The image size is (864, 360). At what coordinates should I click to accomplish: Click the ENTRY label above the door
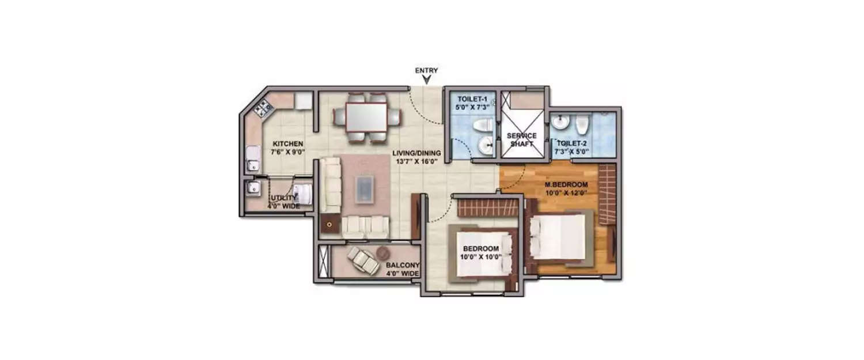point(426,71)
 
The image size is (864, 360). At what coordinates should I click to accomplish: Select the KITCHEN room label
point(288,144)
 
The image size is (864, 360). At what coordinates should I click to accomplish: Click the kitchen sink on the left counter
point(252,158)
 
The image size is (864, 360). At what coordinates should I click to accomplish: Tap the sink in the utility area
point(251,188)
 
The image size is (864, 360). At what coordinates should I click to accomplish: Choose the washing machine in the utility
point(302,194)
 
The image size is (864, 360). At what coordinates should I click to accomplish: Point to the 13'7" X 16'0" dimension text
point(416,162)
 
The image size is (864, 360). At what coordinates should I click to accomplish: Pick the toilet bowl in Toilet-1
point(481,125)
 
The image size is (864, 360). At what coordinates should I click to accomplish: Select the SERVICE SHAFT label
point(521,139)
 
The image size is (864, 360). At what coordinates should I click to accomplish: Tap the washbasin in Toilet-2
point(559,123)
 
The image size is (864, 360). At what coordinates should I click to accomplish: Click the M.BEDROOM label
point(566,184)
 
